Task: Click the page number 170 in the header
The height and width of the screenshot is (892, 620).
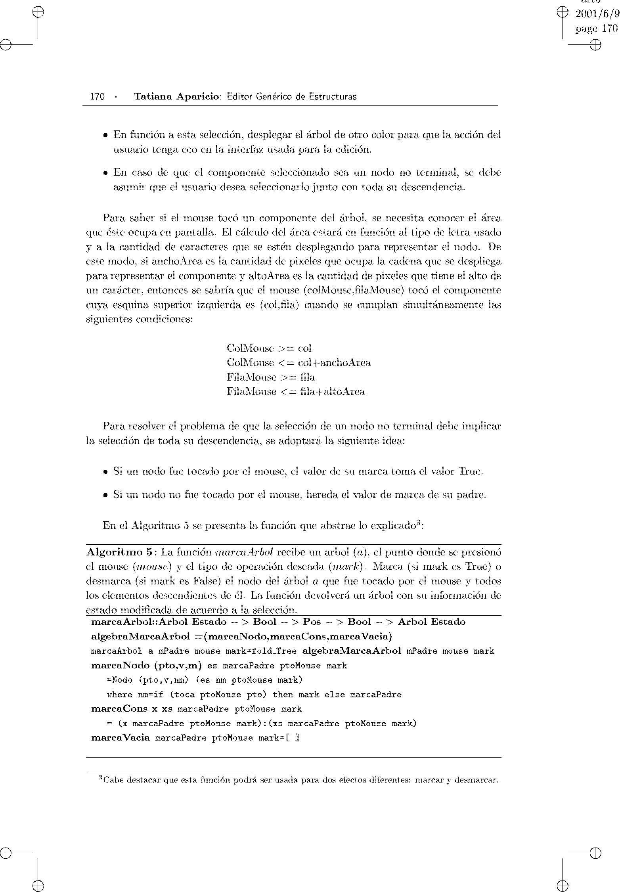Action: [x=97, y=96]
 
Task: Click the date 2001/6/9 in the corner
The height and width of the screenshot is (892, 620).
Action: [x=597, y=14]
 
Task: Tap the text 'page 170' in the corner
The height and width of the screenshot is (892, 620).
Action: [x=596, y=29]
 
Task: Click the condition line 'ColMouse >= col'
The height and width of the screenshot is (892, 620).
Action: [x=269, y=348]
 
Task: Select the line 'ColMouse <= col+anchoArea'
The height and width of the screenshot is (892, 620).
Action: [x=299, y=363]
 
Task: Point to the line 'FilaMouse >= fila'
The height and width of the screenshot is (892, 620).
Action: [x=271, y=377]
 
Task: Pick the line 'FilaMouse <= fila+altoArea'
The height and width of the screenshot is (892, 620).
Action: [x=296, y=392]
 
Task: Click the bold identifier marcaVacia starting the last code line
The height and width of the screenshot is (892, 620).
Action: [x=121, y=738]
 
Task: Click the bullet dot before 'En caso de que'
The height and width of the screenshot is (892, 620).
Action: [x=105, y=173]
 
